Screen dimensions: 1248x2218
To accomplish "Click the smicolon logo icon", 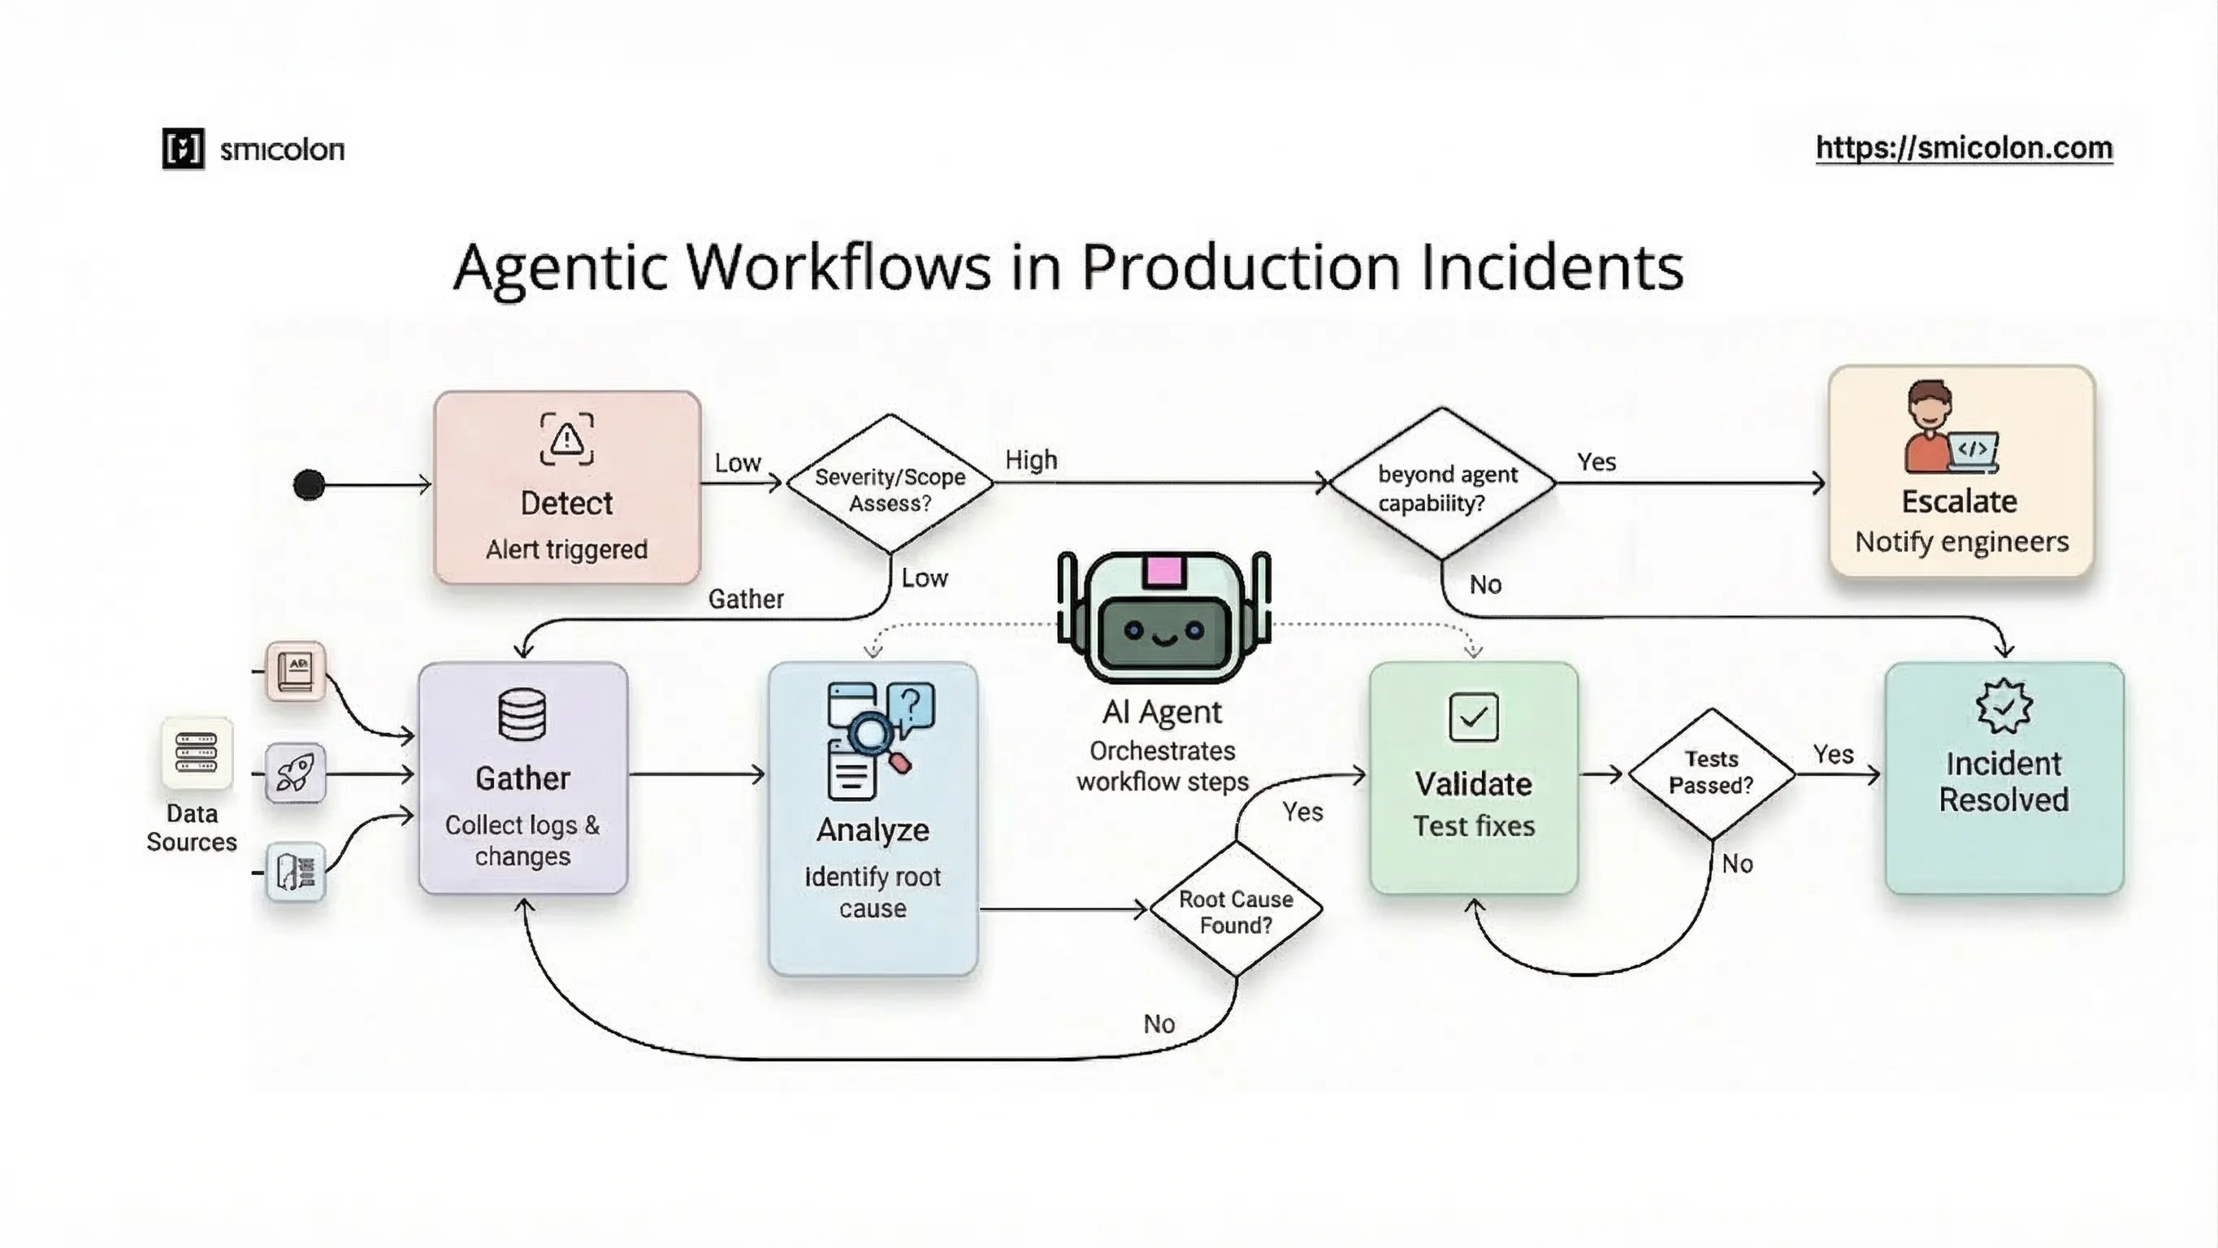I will [x=184, y=149].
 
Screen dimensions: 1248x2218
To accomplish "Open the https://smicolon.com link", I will [x=1963, y=148].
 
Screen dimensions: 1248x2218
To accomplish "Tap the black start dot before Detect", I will [x=309, y=485].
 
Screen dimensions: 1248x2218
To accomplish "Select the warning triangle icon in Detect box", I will [x=566, y=440].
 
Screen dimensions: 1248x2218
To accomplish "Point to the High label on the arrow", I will [x=1031, y=460].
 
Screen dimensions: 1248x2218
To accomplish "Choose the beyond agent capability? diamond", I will [x=1442, y=485].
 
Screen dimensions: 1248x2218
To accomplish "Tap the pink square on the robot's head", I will [x=1163, y=571].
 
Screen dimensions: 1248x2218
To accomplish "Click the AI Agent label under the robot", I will [x=1162, y=713].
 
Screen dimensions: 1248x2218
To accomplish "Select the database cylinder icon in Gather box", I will [x=522, y=715].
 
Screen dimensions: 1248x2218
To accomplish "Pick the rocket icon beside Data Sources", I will [x=296, y=773].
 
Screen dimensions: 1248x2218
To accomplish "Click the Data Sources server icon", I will [x=197, y=752].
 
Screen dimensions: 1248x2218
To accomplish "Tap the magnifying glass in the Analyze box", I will [x=871, y=733].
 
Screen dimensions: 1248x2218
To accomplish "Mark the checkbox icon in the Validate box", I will [x=1473, y=717].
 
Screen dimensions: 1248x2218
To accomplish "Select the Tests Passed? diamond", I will [x=1711, y=773].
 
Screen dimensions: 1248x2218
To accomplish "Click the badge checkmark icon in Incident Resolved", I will [x=2004, y=706].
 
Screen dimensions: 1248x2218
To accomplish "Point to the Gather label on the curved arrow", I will [x=746, y=600].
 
